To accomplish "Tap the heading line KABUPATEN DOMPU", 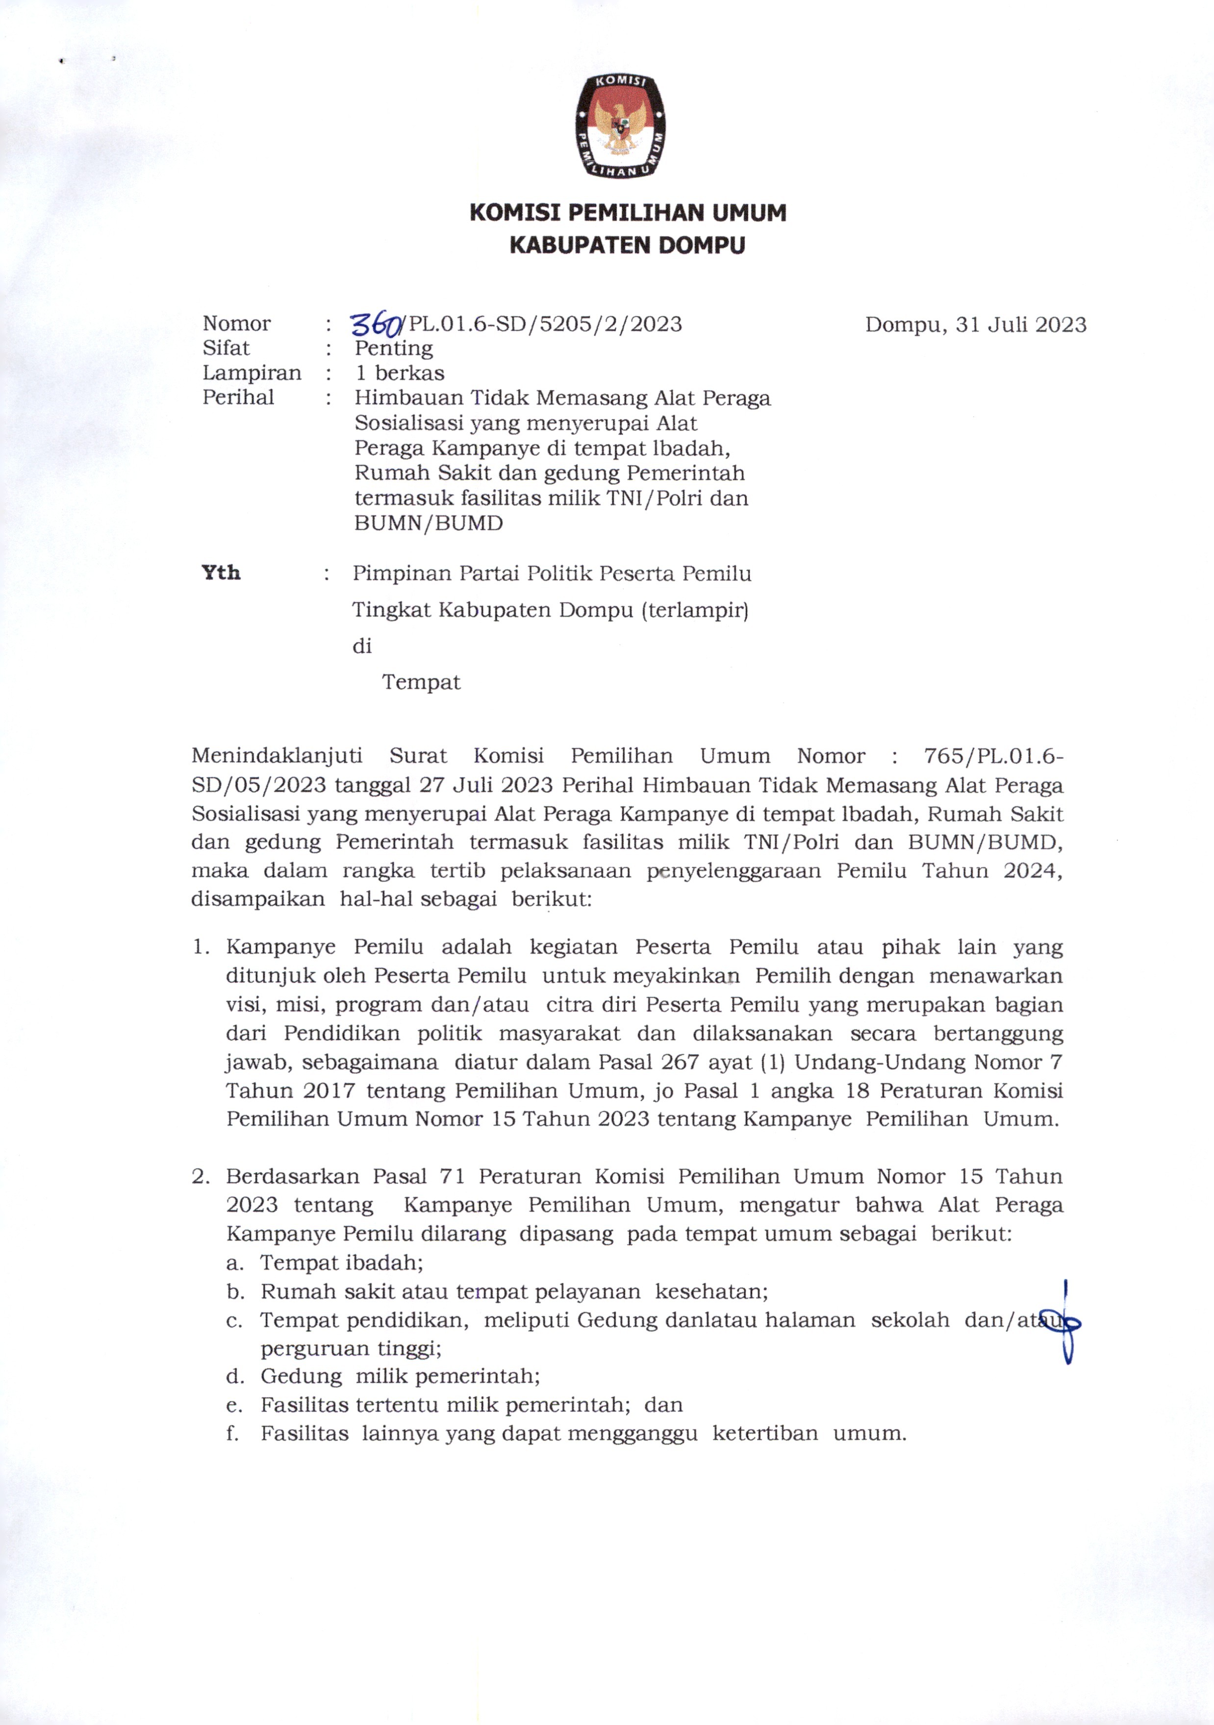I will pyautogui.click(x=627, y=246).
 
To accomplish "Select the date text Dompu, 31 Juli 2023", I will pyautogui.click(x=975, y=325).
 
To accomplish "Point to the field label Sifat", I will pyautogui.click(x=226, y=348).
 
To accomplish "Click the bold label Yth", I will pyautogui.click(x=221, y=573).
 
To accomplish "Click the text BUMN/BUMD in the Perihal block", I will pyautogui.click(x=428, y=524).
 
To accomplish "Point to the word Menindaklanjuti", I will pyautogui.click(x=277, y=756).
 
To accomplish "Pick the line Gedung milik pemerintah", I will pyautogui.click(x=401, y=1376).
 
